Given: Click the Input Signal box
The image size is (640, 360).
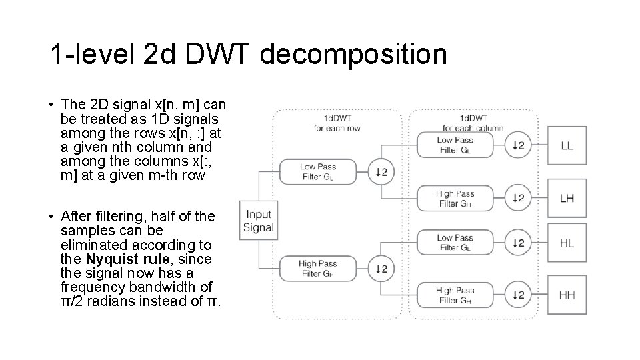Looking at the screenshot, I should click(259, 220).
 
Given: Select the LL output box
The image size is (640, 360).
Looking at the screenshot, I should click(567, 145).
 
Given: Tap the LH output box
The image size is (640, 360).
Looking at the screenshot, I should click(567, 198).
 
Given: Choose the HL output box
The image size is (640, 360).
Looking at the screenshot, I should click(567, 243).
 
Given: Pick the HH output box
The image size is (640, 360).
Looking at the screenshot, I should click(567, 295).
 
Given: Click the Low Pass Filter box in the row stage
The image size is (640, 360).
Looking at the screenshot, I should click(317, 172).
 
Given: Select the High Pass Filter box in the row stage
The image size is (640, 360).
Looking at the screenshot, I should click(317, 269).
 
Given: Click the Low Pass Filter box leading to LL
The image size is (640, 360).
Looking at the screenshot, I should click(455, 145).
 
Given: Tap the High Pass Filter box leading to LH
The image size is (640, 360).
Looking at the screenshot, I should click(455, 199).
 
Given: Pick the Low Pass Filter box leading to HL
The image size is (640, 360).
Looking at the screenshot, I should click(455, 243).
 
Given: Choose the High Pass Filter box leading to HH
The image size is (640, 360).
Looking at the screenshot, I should click(455, 295).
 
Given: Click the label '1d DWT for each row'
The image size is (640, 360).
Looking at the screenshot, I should click(337, 123).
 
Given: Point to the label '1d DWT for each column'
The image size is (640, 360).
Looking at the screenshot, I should click(473, 123).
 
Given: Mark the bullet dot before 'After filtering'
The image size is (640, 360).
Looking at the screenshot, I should click(51, 217).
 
